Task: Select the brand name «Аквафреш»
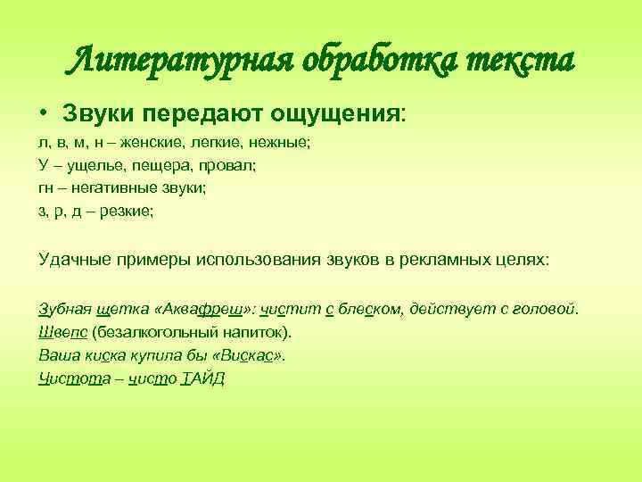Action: coord(203,309)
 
